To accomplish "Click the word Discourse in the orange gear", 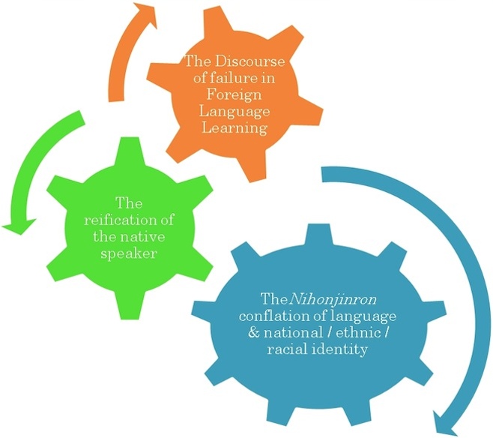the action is (x=250, y=61).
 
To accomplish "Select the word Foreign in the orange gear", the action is (x=234, y=94).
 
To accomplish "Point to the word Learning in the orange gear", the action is (x=235, y=128).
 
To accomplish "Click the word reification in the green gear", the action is (x=118, y=220).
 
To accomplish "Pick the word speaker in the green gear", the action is (x=129, y=253).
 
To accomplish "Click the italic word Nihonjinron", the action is (x=333, y=299).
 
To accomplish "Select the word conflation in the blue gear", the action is (x=272, y=316).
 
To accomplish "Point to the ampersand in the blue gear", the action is (x=253, y=332).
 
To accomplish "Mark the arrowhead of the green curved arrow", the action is (x=19, y=226).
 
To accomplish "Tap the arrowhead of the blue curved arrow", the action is (x=445, y=423).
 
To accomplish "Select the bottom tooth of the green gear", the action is (x=130, y=304).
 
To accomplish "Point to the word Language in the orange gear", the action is (x=235, y=112).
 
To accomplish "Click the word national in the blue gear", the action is (x=293, y=332).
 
